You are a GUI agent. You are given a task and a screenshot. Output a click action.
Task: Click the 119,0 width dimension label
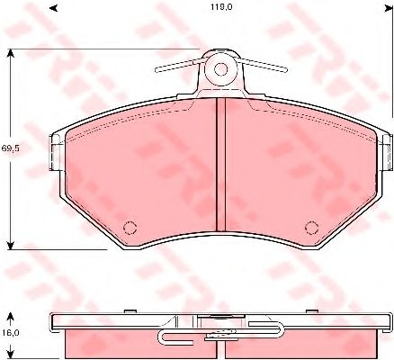tap(221, 7)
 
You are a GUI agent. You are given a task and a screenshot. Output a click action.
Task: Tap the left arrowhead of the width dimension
tap(53, 8)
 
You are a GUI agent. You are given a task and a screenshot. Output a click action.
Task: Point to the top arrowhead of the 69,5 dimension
tap(11, 54)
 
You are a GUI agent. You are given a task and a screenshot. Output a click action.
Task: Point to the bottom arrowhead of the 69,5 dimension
tap(11, 245)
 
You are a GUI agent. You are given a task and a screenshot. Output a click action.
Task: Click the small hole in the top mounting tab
tap(221, 69)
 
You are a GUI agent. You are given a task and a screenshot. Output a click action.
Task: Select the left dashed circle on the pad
tap(130, 228)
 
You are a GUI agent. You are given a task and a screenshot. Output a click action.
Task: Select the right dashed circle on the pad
tap(312, 228)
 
